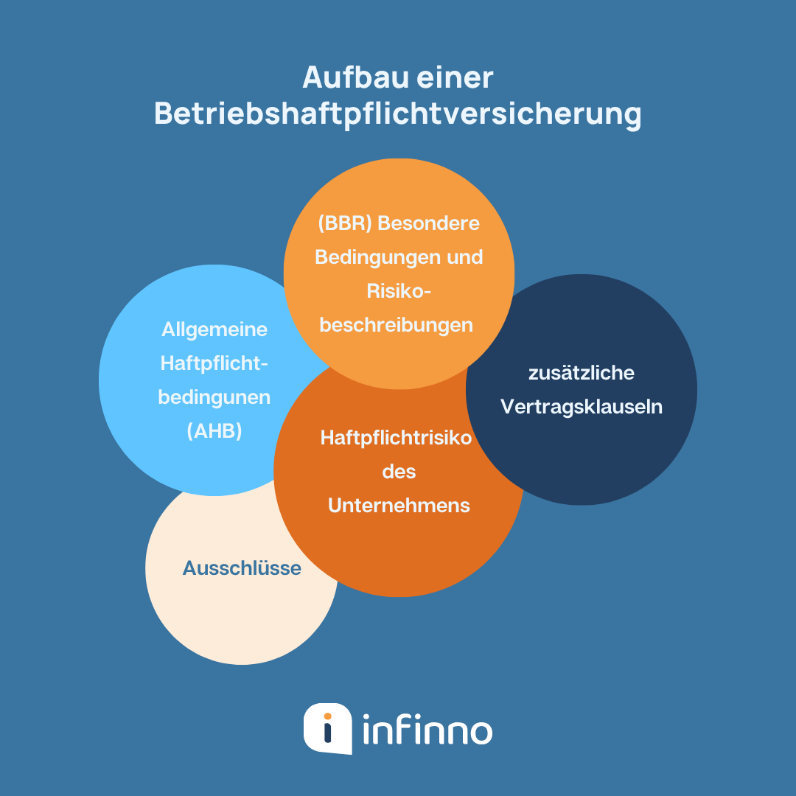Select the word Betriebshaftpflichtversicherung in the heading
(398, 116)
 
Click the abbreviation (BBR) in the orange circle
(345, 223)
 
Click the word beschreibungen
(397, 325)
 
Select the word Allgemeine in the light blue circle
(214, 329)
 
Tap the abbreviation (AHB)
(214, 431)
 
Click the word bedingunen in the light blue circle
(214, 397)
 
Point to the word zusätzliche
(582, 373)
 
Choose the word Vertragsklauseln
(582, 407)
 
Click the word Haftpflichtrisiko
(396, 438)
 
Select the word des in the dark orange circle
(399, 472)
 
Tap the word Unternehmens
(399, 506)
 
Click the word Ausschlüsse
(242, 568)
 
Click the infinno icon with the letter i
(327, 728)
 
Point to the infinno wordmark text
(427, 730)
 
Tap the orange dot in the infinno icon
(328, 716)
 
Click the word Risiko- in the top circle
(399, 291)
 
